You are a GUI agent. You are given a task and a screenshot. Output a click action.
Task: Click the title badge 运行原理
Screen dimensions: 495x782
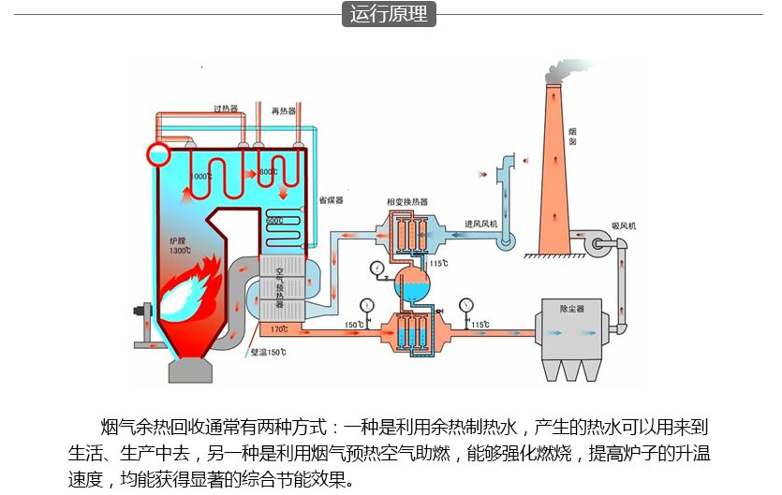[390, 14]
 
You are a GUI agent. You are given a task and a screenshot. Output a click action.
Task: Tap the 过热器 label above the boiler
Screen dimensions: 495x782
[226, 109]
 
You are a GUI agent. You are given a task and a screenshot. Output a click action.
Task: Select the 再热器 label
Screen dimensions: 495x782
[284, 110]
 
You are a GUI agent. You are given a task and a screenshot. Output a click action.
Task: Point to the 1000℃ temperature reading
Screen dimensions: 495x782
[202, 176]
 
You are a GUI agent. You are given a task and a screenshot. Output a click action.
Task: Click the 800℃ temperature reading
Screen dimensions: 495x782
[267, 173]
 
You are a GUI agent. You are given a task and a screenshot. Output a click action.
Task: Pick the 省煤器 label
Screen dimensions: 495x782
[331, 200]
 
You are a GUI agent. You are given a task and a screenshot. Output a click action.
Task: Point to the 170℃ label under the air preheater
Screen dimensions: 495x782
[278, 329]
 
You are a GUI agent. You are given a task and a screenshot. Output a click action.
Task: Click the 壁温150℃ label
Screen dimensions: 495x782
[269, 354]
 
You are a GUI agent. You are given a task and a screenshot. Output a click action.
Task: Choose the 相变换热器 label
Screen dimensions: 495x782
[406, 201]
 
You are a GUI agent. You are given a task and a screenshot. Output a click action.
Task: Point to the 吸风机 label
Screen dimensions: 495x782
[623, 226]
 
